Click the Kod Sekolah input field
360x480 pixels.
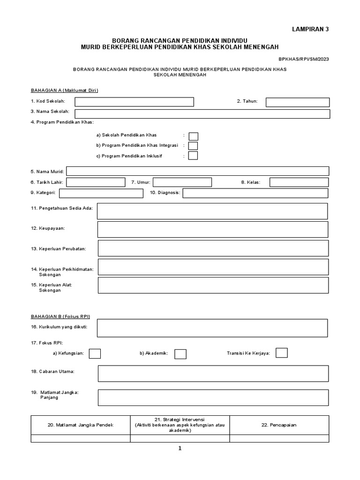(x=134, y=102)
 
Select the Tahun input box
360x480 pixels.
(x=298, y=102)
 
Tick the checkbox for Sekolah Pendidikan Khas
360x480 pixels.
(x=193, y=136)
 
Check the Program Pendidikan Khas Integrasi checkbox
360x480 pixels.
(x=193, y=146)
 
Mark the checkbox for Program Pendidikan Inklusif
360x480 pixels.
(x=193, y=156)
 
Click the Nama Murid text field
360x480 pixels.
(x=198, y=171)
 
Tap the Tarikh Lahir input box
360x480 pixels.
(x=98, y=182)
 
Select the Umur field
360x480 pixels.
(x=182, y=182)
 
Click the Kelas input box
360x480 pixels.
(x=299, y=182)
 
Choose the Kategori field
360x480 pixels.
(x=101, y=193)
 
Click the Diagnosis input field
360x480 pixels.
(x=255, y=193)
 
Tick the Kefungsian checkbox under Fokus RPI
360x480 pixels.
(x=95, y=353)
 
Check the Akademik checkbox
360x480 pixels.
(x=180, y=354)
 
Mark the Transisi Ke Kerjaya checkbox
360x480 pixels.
(x=282, y=353)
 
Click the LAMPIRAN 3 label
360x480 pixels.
(x=311, y=29)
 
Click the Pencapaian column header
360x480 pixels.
(x=279, y=425)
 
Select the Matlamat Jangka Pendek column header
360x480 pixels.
(x=81, y=425)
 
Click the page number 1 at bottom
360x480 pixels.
(x=180, y=448)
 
